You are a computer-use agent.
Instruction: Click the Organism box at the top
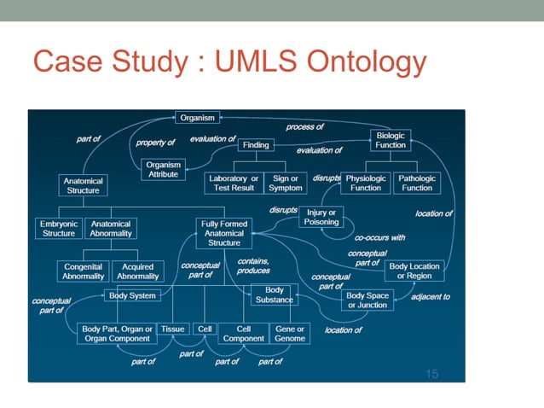198,117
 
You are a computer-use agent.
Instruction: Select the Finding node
256,145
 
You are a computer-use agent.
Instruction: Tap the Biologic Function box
391,139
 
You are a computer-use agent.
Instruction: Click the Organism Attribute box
162,169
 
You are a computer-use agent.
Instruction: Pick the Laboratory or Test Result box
234,183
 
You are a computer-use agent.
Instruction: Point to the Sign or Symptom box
285,183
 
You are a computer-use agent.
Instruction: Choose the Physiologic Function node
366,183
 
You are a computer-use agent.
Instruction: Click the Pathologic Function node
417,183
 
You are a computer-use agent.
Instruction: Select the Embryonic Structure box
59,228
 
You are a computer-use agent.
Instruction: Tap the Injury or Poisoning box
321,217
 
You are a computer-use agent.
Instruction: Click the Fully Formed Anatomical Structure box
223,233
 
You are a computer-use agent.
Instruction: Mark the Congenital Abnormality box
84,271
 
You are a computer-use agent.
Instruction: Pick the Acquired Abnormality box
137,271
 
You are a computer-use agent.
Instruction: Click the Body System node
131,295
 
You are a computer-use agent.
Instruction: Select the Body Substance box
274,294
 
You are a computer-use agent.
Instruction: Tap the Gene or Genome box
290,333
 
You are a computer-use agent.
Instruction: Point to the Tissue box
172,329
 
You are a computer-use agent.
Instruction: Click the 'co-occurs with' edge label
379,237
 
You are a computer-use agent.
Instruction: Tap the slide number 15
431,373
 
